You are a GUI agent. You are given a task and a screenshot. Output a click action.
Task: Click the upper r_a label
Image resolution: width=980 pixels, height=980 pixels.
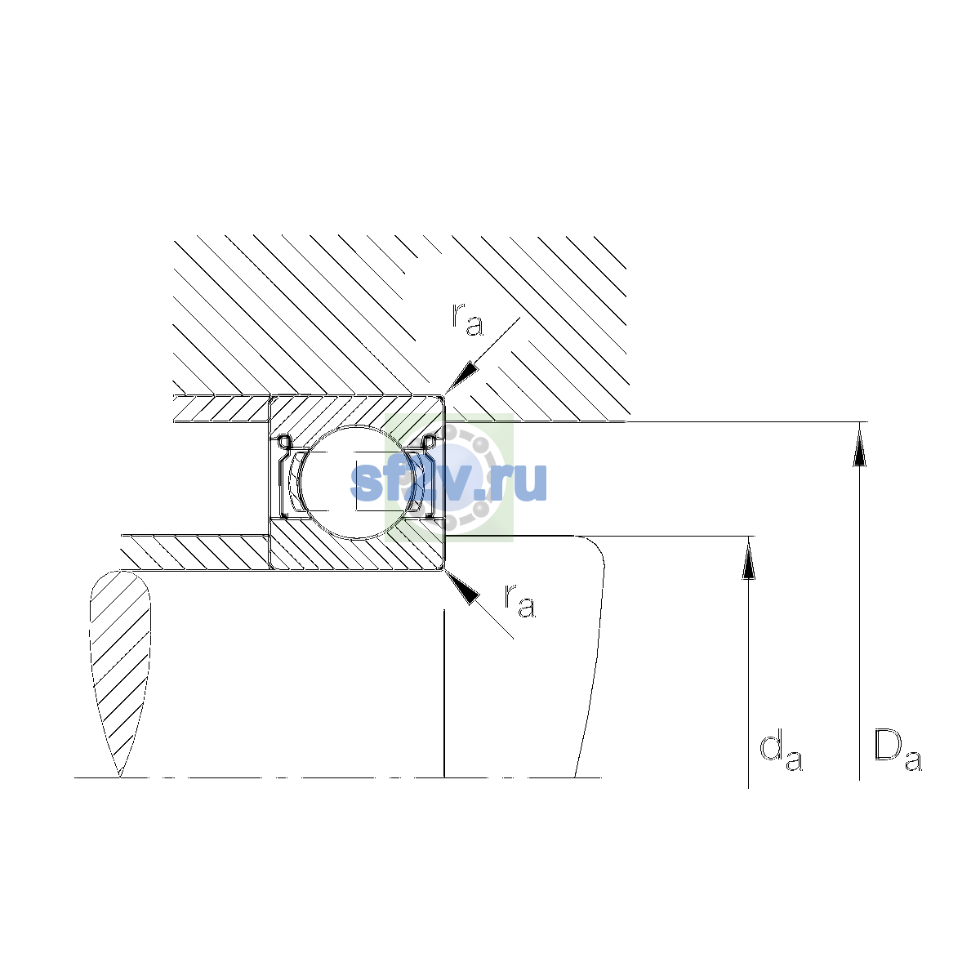pos(467,319)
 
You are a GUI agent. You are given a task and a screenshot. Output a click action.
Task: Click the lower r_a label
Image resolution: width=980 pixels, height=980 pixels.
pos(519,600)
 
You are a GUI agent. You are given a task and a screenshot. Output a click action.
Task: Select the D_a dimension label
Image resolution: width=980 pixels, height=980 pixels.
pos(898,751)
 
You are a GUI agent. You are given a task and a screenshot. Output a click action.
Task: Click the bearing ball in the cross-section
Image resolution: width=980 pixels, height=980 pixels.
pos(358,482)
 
